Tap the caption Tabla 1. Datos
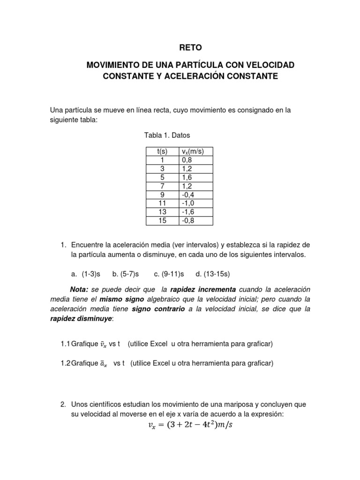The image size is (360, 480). click(x=167, y=135)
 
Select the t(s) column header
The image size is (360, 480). click(x=162, y=151)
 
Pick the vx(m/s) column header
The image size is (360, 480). click(x=195, y=151)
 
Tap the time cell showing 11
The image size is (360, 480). click(x=162, y=203)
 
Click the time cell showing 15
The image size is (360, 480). click(x=162, y=220)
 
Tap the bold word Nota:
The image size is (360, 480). click(x=79, y=290)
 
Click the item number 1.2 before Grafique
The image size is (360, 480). click(x=66, y=363)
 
